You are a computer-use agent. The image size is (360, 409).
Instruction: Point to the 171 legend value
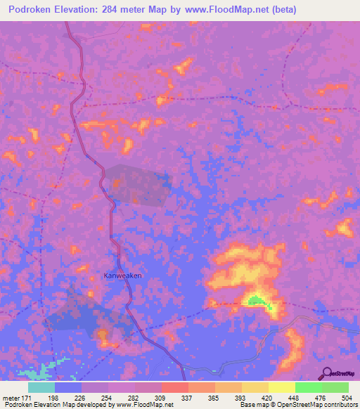pyautogui.click(x=31, y=397)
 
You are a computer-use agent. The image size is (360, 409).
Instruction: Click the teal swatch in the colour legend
pyautogui.click(x=41, y=387)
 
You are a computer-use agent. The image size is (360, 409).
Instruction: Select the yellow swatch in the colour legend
pyautogui.click(x=282, y=387)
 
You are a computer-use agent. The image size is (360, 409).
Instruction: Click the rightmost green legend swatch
pyautogui.click(x=335, y=387)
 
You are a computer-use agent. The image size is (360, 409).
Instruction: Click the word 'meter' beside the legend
pyautogui.click(x=11, y=397)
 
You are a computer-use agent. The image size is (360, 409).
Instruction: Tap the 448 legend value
pyautogui.click(x=293, y=397)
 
